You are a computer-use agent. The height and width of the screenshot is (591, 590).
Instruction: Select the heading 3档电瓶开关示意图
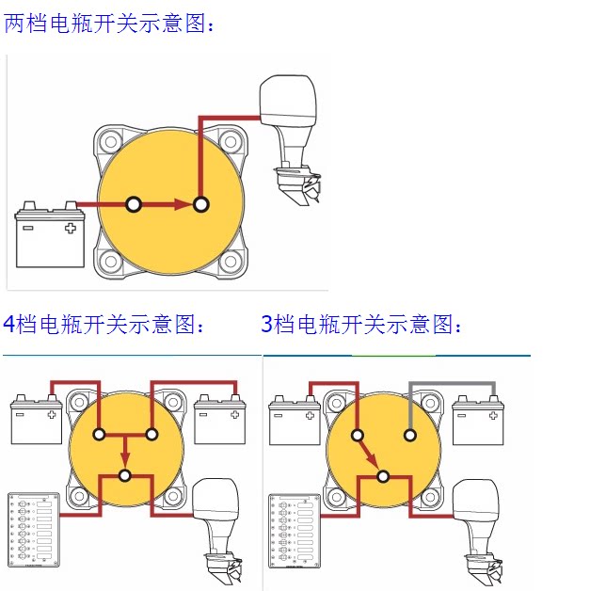click(x=362, y=326)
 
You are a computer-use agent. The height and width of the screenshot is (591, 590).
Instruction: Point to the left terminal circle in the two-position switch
click(x=134, y=204)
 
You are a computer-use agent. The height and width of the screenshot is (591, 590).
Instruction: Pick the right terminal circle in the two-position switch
click(x=200, y=204)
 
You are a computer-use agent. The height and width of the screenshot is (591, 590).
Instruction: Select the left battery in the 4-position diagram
click(x=36, y=420)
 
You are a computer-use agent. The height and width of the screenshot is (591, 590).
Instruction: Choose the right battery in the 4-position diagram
click(x=220, y=420)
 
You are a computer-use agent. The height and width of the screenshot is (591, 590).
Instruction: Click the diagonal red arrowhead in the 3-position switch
click(x=374, y=463)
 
